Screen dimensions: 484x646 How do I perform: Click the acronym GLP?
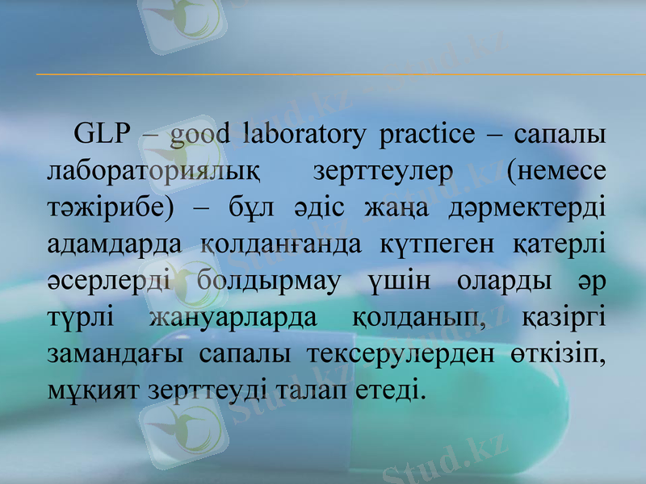[x=101, y=135]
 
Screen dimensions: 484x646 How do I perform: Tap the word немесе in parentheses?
[x=557, y=171]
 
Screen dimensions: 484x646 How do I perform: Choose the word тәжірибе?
[x=108, y=207]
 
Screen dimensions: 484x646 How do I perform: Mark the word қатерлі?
[x=560, y=242]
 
